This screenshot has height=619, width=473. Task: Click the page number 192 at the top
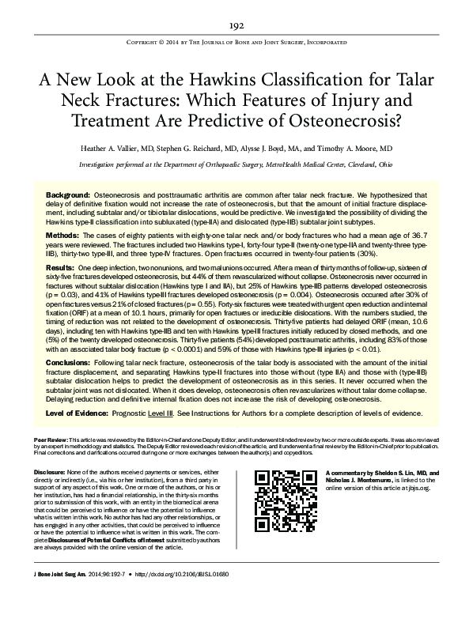(236, 25)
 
